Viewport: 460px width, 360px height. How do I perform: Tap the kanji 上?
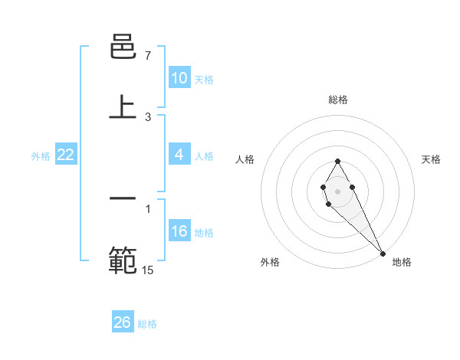click(123, 107)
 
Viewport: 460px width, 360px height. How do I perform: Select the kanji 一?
click(123, 198)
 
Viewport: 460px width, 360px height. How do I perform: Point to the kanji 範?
click(123, 260)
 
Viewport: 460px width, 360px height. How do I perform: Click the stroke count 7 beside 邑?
click(147, 56)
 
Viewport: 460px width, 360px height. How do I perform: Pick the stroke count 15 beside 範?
click(147, 269)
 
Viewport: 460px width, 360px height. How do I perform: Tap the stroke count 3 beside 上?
click(147, 116)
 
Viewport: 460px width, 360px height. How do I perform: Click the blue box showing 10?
click(179, 78)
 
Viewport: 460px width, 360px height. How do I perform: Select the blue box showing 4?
click(179, 155)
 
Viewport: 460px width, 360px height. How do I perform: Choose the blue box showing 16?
click(179, 232)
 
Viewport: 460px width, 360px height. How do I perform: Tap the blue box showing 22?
click(66, 155)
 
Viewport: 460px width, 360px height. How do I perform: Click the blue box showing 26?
click(122, 322)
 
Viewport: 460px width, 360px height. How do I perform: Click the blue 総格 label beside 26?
click(147, 324)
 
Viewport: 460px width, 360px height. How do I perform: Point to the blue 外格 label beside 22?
click(41, 155)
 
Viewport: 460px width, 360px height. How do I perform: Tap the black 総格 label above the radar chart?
click(337, 100)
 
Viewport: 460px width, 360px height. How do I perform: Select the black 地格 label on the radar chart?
click(402, 262)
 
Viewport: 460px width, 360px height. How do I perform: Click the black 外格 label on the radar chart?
click(270, 262)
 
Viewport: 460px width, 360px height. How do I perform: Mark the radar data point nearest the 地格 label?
click(383, 253)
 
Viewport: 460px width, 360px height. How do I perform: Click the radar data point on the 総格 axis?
click(337, 161)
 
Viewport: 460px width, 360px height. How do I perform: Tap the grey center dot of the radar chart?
click(337, 190)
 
